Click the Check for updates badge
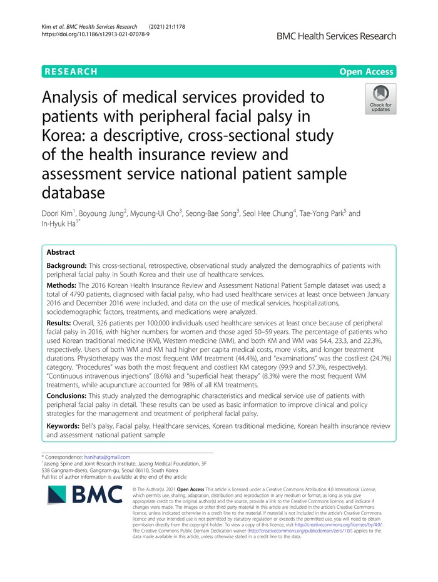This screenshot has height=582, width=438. [380, 100]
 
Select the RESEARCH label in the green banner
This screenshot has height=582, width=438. [71, 72]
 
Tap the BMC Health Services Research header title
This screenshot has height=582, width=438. [336, 36]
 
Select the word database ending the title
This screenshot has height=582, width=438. [81, 191]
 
